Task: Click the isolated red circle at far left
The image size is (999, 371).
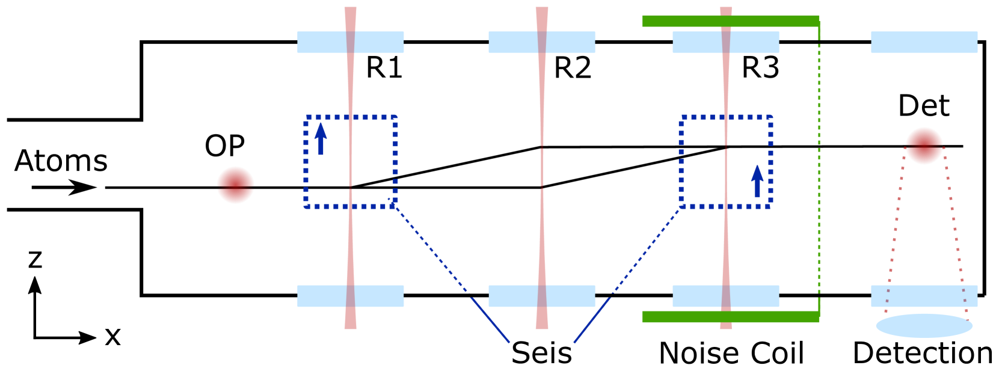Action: (x=235, y=185)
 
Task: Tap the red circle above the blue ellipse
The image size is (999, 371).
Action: (x=924, y=146)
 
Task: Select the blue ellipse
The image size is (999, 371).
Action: (x=924, y=325)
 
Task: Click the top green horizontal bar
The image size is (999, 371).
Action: (x=730, y=21)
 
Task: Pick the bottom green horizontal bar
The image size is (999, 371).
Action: (x=730, y=317)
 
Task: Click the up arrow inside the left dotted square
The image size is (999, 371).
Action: (x=321, y=138)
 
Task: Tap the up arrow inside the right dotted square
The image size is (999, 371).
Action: (x=757, y=181)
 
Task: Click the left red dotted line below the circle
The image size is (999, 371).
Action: (x=894, y=235)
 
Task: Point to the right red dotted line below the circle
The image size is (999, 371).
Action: (x=956, y=235)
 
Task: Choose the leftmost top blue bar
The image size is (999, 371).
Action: (x=325, y=43)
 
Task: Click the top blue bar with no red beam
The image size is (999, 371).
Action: (x=924, y=43)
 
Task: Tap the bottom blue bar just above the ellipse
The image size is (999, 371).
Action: (x=924, y=296)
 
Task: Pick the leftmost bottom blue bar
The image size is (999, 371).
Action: (x=325, y=296)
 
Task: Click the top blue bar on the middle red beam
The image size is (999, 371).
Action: (x=511, y=43)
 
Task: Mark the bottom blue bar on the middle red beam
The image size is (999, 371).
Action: (x=511, y=296)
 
